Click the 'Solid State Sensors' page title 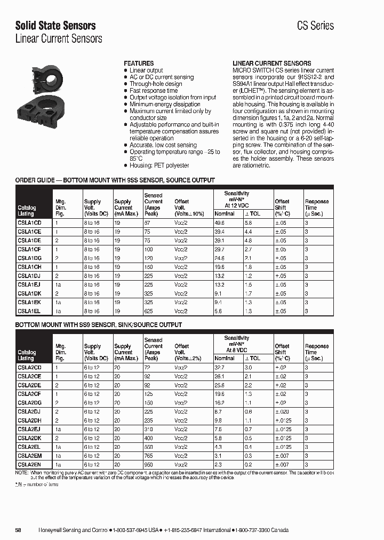point(55,25)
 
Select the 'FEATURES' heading point(139,63)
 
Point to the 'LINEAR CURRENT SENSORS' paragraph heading point(271,63)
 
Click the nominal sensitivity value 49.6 point(219,223)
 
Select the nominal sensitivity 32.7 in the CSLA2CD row point(219,368)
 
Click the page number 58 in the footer point(18,530)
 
